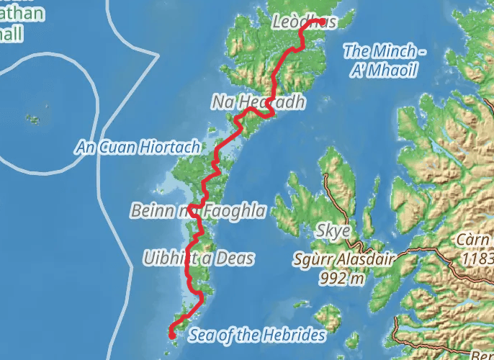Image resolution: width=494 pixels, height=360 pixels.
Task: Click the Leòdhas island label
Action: click(x=305, y=23)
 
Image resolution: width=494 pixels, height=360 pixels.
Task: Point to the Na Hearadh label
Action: click(x=258, y=103)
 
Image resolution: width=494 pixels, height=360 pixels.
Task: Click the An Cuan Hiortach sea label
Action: click(x=138, y=148)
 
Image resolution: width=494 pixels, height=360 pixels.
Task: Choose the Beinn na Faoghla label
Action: click(x=198, y=211)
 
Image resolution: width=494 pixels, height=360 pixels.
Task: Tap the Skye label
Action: click(x=333, y=231)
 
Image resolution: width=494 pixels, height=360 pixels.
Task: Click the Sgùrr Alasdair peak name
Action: click(x=342, y=260)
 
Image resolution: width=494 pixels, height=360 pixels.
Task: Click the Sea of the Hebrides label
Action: click(x=256, y=336)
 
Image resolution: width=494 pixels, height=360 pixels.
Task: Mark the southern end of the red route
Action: click(x=171, y=335)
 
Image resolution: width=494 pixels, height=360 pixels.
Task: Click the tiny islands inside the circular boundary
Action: click(x=32, y=118)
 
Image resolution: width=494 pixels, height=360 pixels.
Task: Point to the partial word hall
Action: click(x=12, y=34)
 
